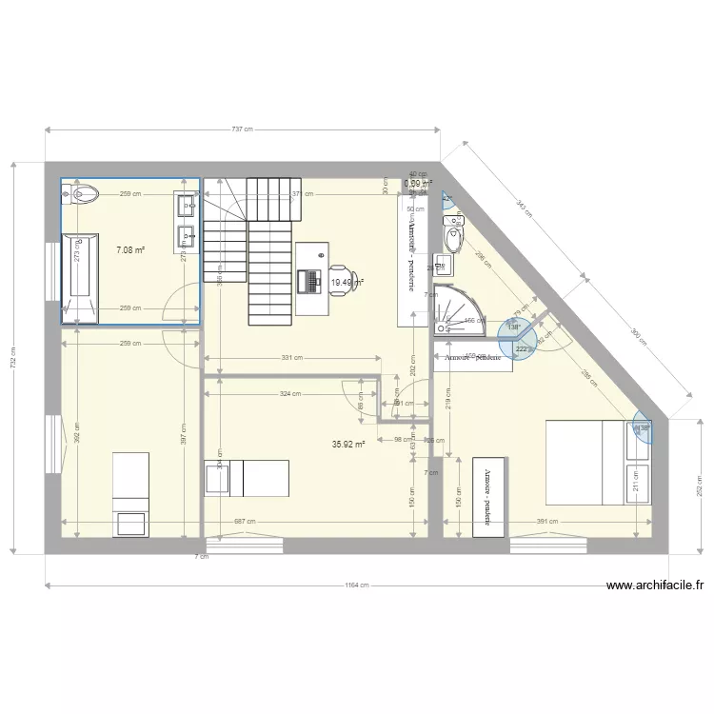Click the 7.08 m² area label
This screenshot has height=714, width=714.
(130, 250)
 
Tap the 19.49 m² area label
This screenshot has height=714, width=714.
(344, 283)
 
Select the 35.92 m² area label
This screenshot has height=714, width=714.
(348, 444)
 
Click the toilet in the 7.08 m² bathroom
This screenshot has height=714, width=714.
(82, 194)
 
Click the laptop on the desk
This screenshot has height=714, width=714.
(309, 281)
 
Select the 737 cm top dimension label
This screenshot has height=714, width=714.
(243, 130)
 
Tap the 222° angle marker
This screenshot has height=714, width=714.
(522, 349)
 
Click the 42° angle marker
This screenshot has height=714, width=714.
(447, 199)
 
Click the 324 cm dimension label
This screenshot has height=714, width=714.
(290, 393)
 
